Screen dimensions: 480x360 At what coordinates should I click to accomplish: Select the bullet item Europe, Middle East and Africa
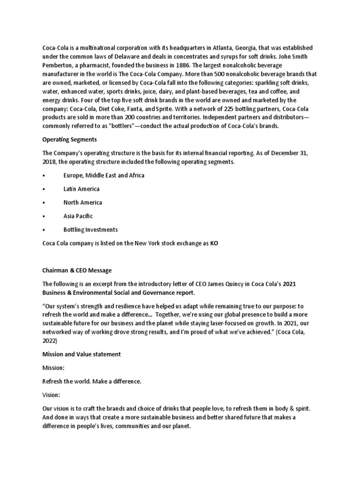104,175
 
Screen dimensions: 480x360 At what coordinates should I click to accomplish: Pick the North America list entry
82,202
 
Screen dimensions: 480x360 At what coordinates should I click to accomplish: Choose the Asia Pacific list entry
78,216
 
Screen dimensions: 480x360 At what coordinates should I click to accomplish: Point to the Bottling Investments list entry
91,230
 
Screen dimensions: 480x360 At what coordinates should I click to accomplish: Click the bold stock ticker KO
214,243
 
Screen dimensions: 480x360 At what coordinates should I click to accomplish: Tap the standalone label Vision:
51,395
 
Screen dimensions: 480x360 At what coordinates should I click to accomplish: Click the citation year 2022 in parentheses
50,341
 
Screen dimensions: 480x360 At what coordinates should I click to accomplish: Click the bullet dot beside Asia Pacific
44,217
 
